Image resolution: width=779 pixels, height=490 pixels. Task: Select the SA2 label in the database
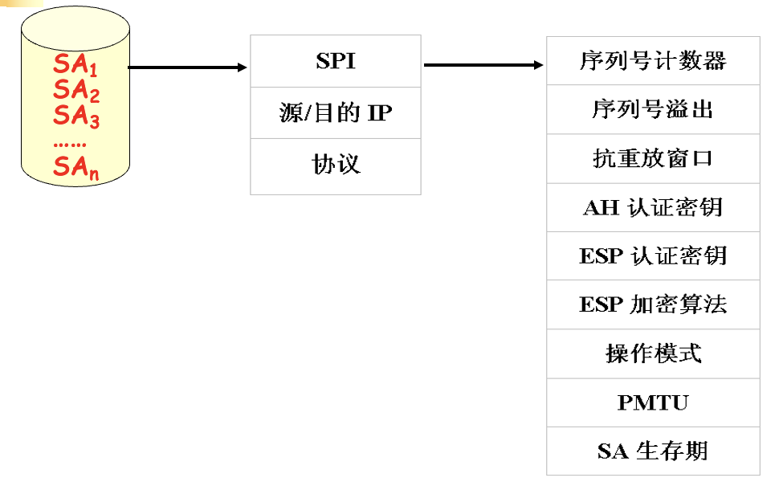pos(76,91)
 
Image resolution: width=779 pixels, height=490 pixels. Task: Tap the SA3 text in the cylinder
pos(76,116)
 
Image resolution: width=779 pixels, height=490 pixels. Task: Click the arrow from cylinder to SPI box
pos(188,67)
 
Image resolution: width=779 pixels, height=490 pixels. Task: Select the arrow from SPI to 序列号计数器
pos(483,64)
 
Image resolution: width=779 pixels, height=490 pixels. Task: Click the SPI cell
pos(336,62)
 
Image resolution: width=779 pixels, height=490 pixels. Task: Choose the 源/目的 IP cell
pos(336,112)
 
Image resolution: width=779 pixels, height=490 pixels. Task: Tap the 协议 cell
pos(336,165)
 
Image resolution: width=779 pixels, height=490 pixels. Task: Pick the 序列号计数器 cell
pos(653,61)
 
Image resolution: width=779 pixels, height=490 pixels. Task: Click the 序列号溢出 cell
pos(653,109)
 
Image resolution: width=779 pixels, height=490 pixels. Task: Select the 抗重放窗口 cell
pos(653,158)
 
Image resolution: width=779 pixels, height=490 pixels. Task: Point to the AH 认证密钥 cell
pos(653,207)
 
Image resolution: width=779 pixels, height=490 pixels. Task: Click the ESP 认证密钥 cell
pos(653,255)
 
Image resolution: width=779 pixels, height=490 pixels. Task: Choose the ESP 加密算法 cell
pos(653,304)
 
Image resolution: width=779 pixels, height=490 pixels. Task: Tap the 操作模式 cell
pos(653,353)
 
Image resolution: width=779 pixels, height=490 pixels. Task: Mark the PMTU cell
pos(653,402)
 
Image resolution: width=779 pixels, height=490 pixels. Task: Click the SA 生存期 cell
pos(653,451)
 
